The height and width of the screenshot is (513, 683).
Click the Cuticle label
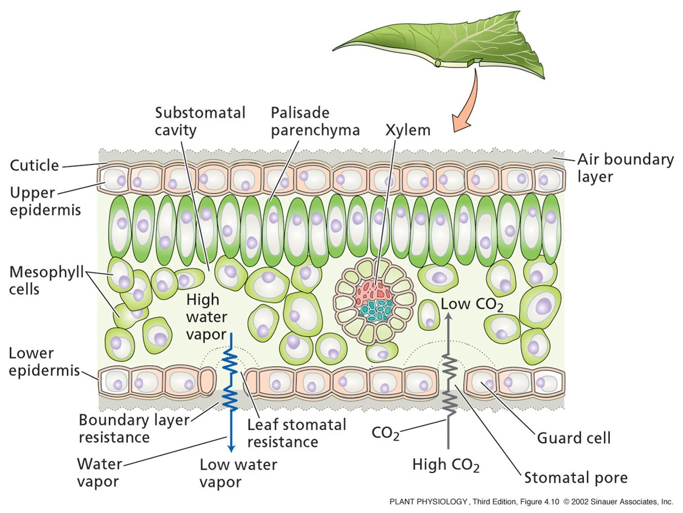coord(34,165)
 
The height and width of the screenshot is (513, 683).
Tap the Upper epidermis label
coord(45,201)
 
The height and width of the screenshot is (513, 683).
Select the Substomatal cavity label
coord(200,121)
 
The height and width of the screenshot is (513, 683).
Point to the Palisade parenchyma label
coord(314,121)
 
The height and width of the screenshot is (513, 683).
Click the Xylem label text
coord(408,130)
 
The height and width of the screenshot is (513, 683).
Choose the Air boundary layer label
coord(625,167)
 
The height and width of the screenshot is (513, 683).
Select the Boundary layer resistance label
coord(134,428)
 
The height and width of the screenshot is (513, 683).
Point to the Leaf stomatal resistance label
coord(296,432)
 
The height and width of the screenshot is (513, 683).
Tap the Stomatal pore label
coord(575,478)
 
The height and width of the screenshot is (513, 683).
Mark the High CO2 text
coord(446,466)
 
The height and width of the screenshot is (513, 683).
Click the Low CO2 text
coord(472,305)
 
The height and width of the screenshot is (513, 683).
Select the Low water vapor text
coord(238,473)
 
